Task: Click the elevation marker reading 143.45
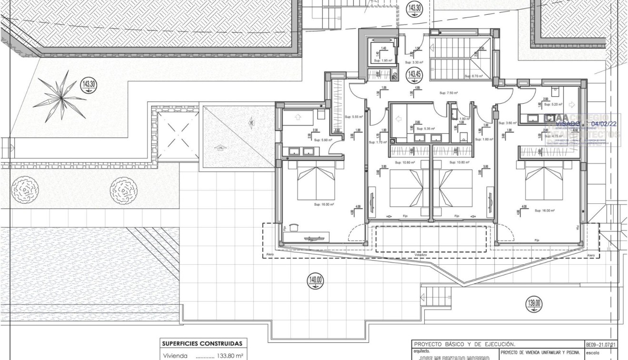coord(414,74)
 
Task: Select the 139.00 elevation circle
coord(534,302)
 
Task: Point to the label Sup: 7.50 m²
coord(449,93)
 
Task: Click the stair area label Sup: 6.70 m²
coord(474,76)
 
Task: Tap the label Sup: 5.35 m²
coord(425,129)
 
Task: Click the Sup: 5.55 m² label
coord(354,117)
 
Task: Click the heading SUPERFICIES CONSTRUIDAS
coord(202,343)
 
